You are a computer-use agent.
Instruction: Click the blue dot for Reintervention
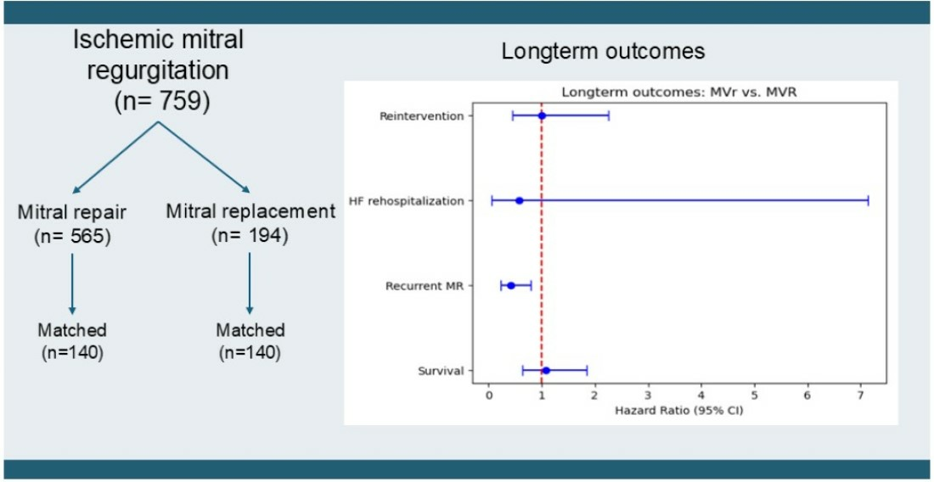[542, 115]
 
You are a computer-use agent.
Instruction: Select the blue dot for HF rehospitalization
[519, 200]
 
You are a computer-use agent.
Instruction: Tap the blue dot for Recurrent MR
[510, 286]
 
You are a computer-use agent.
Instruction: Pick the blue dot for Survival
[546, 371]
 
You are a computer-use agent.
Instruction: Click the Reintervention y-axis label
[421, 116]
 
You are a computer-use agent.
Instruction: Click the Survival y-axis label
[442, 372]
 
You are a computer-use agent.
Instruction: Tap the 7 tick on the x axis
[860, 396]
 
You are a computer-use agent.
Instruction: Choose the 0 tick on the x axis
[488, 396]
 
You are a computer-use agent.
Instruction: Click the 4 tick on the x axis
[701, 396]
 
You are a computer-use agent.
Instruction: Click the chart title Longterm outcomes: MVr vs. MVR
[680, 92]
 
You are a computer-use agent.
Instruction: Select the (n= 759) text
[160, 103]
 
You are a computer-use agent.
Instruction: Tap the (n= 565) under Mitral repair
[72, 235]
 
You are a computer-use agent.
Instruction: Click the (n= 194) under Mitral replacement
[250, 235]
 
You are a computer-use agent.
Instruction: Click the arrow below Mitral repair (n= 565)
[72, 283]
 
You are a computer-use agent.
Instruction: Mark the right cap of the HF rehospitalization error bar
[868, 200]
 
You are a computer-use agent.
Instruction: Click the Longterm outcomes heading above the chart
[604, 53]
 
